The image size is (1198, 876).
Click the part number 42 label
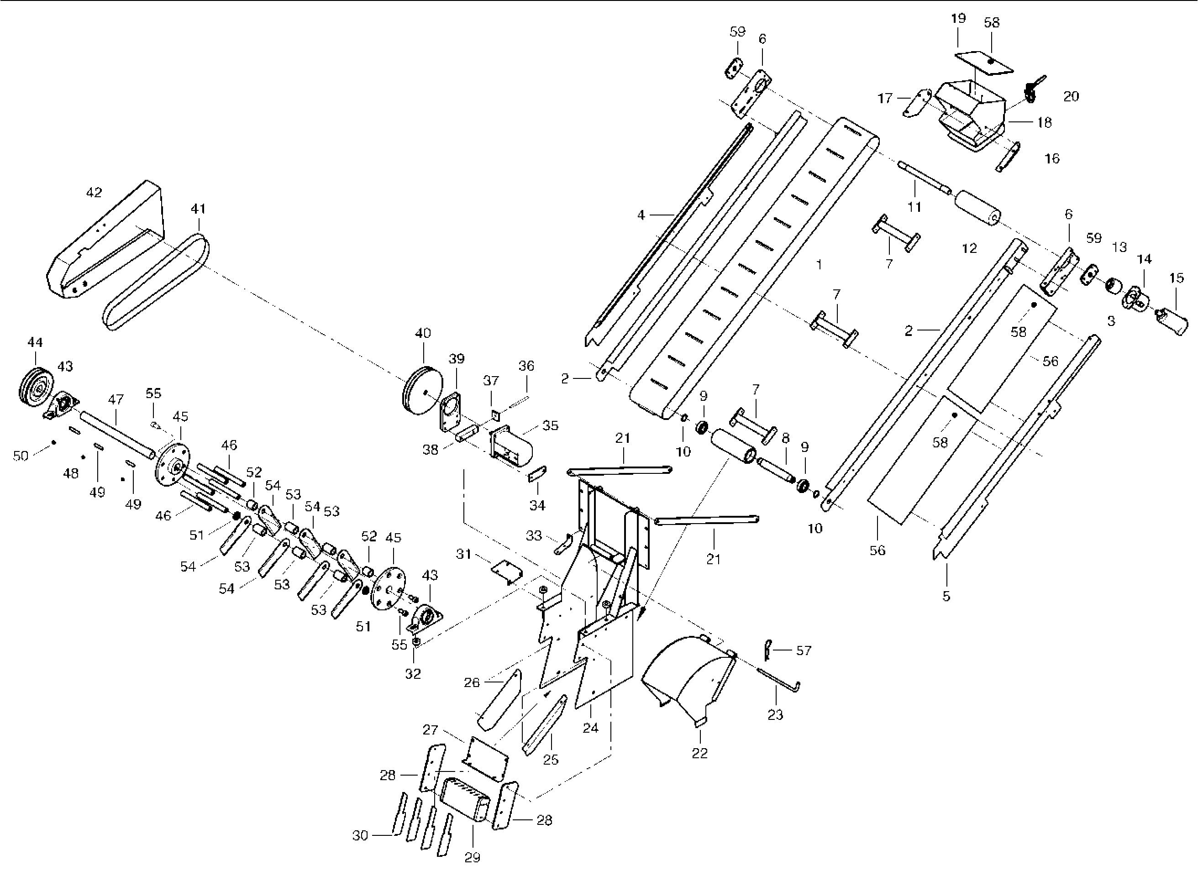coord(94,192)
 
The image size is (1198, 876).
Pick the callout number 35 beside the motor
coord(551,425)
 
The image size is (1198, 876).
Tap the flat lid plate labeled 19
coord(984,63)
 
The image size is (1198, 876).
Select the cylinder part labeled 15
coord(1172,321)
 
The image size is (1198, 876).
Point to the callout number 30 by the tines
coord(360,836)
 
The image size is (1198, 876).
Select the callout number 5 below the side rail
coord(946,596)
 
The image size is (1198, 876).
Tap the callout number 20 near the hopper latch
coord(1071,96)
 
